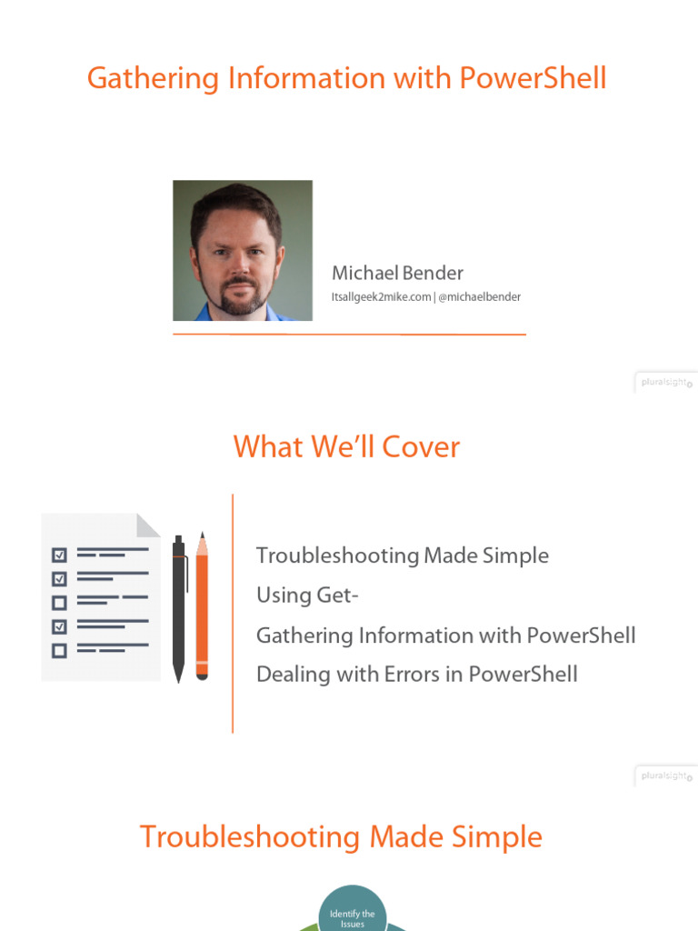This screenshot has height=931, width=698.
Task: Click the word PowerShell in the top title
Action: [533, 78]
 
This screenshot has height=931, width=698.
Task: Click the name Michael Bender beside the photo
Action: [397, 273]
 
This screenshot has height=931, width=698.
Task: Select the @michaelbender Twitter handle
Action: [479, 297]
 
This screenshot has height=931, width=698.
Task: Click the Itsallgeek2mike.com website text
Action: [381, 297]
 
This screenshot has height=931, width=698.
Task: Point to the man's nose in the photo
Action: [239, 265]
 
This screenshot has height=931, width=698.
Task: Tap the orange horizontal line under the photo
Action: [349, 335]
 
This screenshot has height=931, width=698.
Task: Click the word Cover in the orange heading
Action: [421, 446]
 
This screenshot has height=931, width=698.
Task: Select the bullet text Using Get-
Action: [307, 595]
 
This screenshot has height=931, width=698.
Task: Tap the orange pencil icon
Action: [202, 606]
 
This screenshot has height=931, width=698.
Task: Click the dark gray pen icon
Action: [179, 608]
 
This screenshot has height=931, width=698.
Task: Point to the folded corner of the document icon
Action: [148, 525]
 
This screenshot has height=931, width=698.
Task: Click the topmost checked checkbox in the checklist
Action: [59, 555]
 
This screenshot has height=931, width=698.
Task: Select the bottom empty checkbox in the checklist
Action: [59, 651]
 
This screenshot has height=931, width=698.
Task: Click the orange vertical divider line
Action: [233, 614]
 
